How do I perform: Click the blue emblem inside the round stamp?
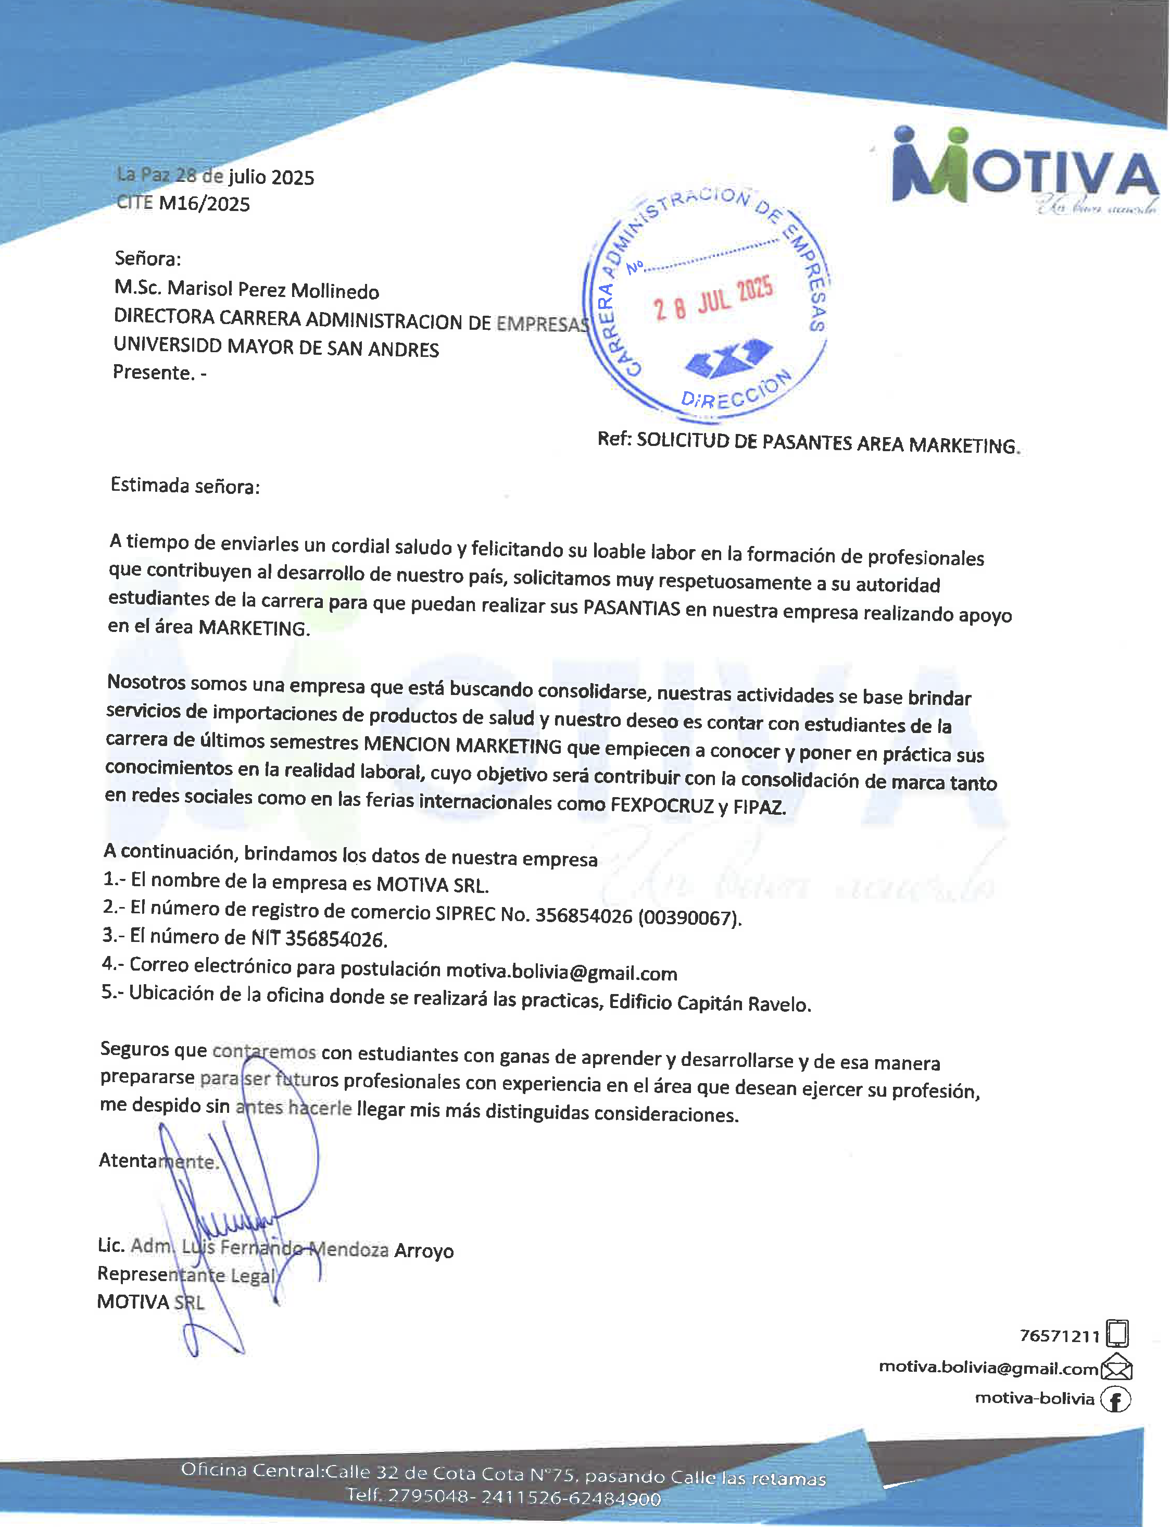click(x=728, y=357)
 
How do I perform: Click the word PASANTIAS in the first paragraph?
click(x=631, y=608)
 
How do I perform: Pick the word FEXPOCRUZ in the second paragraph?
click(x=662, y=806)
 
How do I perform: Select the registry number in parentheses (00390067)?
click(x=689, y=917)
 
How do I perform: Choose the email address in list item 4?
click(x=561, y=973)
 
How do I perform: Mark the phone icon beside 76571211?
click(x=1116, y=1333)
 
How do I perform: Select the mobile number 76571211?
click(x=1059, y=1335)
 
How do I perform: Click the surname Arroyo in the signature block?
click(x=423, y=1251)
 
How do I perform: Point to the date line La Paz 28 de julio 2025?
click(x=216, y=176)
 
